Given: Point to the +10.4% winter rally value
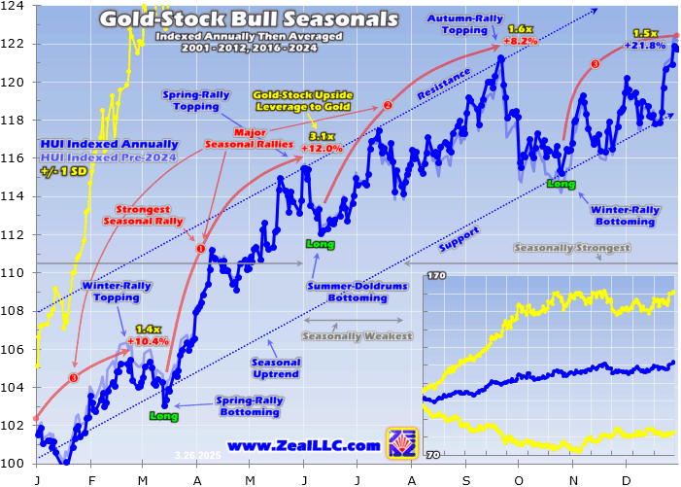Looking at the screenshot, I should [148, 341].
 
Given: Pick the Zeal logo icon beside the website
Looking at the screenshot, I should [401, 443].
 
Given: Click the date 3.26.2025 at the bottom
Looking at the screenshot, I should [197, 454].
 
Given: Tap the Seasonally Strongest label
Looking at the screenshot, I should [571, 248].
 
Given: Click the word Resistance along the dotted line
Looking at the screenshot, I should [444, 85].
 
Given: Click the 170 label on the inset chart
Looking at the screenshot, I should [435, 277].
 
